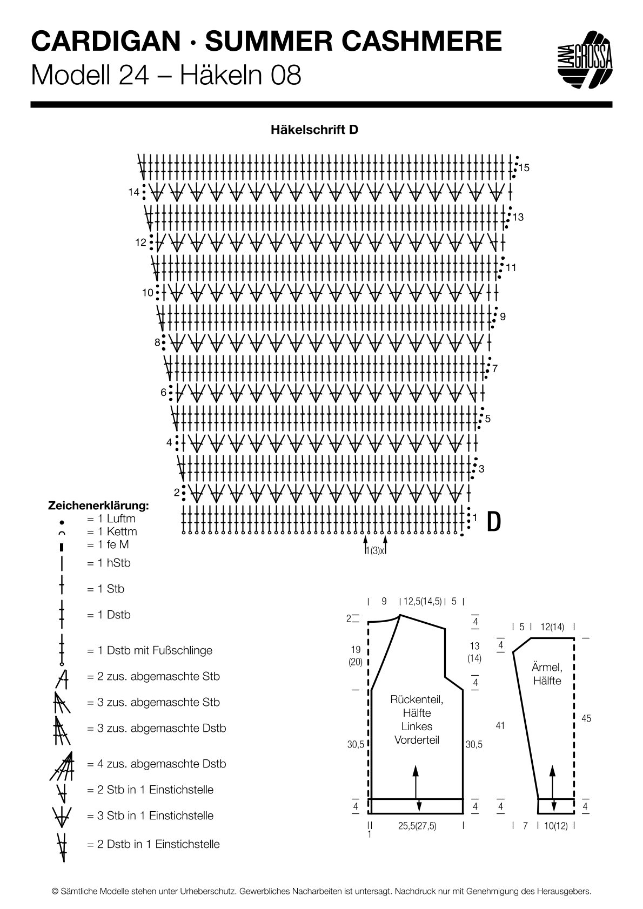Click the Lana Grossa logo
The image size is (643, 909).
coord(585,60)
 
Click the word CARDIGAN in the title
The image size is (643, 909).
coord(105,42)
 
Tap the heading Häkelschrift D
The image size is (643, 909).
coord(314,130)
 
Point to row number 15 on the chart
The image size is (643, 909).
coord(524,168)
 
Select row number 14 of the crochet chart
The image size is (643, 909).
coord(134,192)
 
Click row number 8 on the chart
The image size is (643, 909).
coord(157,342)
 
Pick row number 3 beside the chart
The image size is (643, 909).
coord(481,469)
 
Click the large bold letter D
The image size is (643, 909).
coord(494,521)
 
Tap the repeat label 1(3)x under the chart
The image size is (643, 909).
coord(374,551)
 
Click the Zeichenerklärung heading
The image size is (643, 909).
coord(99,506)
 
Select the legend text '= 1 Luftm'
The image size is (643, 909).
coord(111,519)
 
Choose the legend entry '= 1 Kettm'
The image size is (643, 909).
coord(112,531)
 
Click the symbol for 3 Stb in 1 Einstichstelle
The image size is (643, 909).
coord(62,816)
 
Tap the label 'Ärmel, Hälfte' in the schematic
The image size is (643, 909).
coord(547,674)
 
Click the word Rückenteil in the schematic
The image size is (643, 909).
coord(417,699)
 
